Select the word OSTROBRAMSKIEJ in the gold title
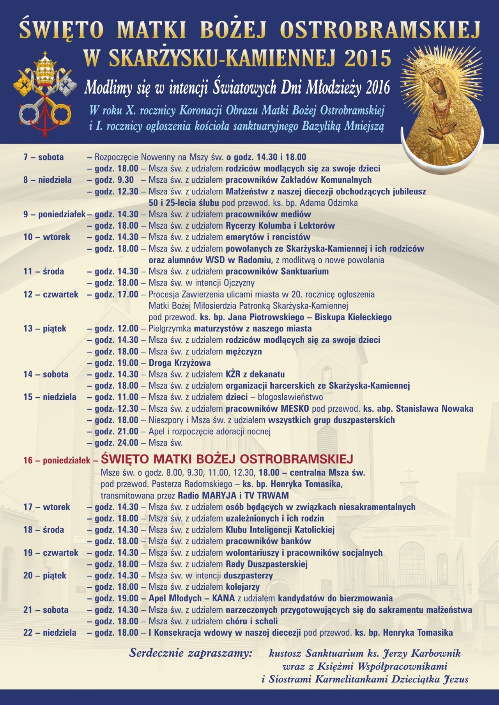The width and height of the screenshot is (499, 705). point(380,30)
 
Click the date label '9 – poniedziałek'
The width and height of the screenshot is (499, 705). point(54,214)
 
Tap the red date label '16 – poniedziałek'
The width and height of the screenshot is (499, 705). point(57,460)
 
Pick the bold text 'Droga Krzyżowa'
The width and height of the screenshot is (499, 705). point(180,363)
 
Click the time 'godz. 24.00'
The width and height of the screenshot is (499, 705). point(116,443)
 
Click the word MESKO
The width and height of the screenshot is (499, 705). point(295,409)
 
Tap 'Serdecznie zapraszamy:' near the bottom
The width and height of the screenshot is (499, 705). point(191,653)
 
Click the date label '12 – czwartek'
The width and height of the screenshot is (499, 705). point(51,294)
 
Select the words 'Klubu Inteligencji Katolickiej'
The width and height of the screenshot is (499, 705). point(280,530)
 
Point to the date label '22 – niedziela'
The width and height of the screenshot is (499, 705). point(50,633)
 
